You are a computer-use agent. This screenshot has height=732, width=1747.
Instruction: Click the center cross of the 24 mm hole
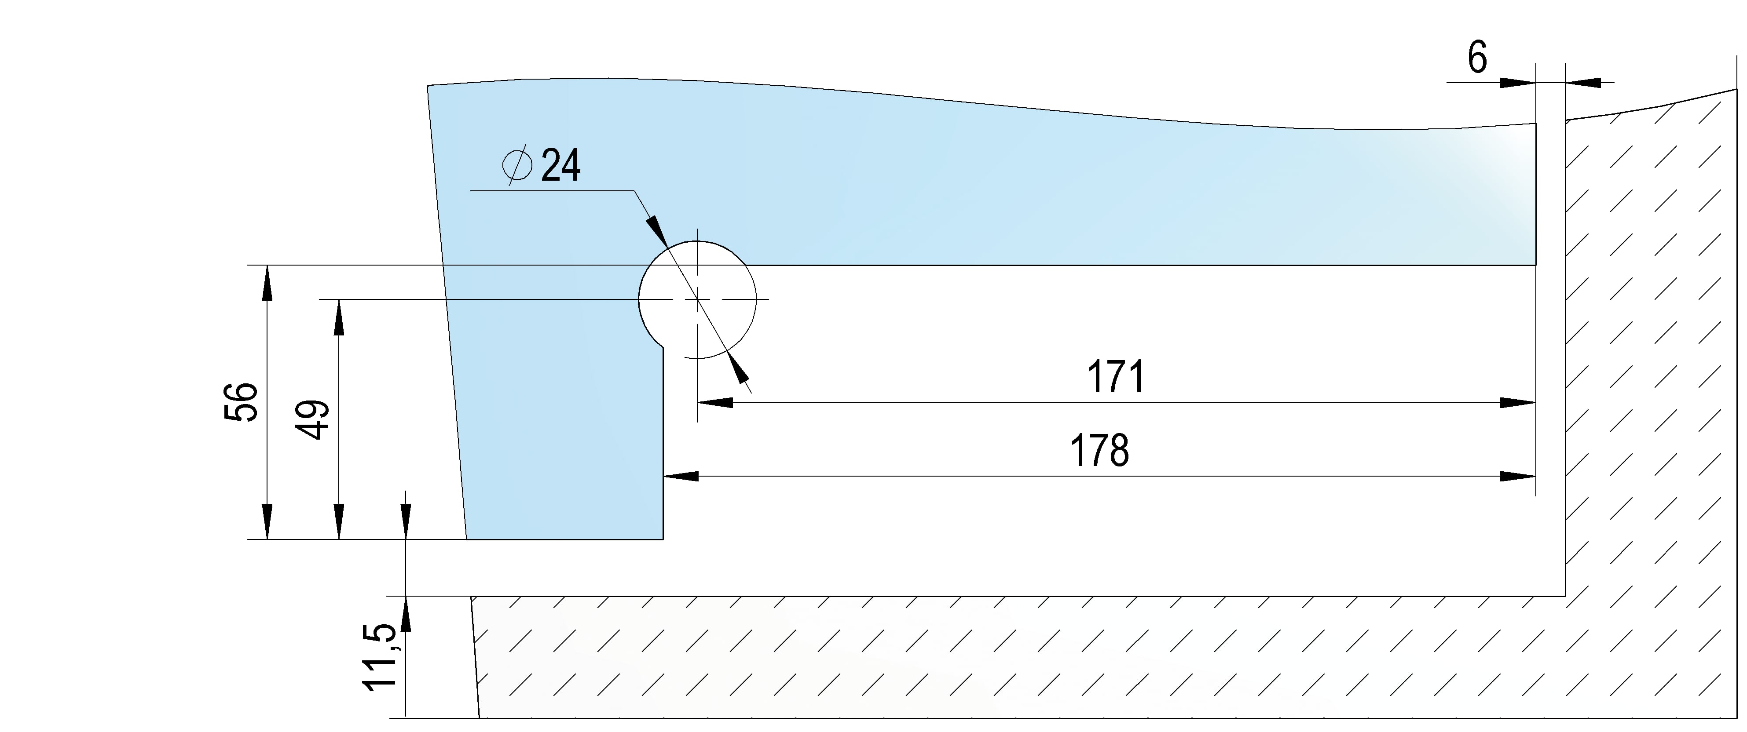tap(697, 299)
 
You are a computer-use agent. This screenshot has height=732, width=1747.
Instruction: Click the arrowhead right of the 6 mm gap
tap(1583, 83)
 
